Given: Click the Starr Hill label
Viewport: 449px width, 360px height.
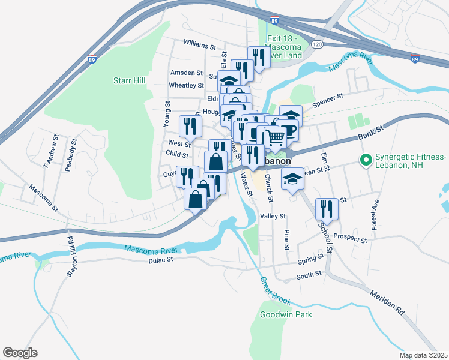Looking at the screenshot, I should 131,80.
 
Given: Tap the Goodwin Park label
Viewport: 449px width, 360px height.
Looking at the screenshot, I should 286,314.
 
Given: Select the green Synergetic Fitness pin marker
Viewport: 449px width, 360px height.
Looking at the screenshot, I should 364,160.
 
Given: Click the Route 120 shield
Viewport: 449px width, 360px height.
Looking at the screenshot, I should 318,45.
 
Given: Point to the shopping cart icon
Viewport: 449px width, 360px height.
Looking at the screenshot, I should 275,137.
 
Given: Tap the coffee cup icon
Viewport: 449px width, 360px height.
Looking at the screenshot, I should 291,130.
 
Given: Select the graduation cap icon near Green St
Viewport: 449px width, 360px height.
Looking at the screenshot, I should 292,179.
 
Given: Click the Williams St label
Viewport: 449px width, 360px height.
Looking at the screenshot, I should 200,46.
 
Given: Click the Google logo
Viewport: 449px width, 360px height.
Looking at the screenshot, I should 20,353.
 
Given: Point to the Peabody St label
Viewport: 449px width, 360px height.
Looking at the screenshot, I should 73,158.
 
